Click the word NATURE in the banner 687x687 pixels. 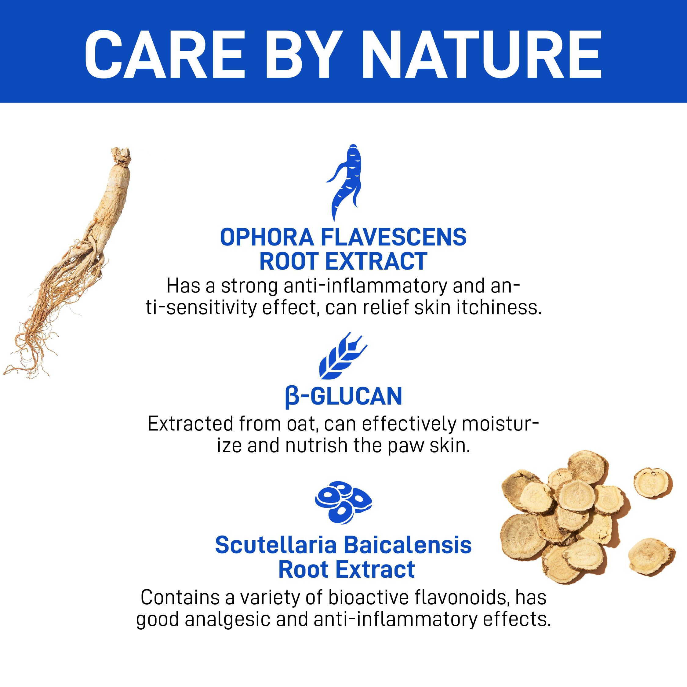482,54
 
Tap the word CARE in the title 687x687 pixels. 165,54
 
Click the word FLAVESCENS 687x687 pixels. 394,237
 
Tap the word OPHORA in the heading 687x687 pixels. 267,237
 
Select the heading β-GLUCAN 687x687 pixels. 343,397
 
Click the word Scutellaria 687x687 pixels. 276,545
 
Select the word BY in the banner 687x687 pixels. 304,54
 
